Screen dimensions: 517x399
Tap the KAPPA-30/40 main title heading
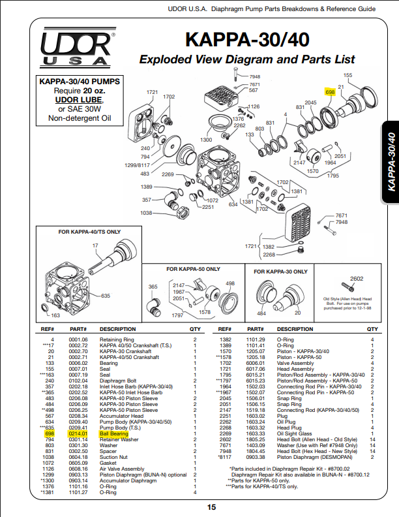[247, 39]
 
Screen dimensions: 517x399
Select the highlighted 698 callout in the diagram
[330, 93]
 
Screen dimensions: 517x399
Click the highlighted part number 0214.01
[78, 433]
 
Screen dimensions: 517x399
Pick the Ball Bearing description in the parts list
[113, 433]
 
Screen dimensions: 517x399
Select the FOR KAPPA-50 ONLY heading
[193, 269]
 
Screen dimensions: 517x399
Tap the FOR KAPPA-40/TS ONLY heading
[89, 232]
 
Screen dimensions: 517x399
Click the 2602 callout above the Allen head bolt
[357, 279]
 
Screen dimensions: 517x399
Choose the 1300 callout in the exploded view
[206, 140]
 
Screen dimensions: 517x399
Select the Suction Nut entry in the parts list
[114, 456]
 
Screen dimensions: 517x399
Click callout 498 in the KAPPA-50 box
[230, 284]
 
